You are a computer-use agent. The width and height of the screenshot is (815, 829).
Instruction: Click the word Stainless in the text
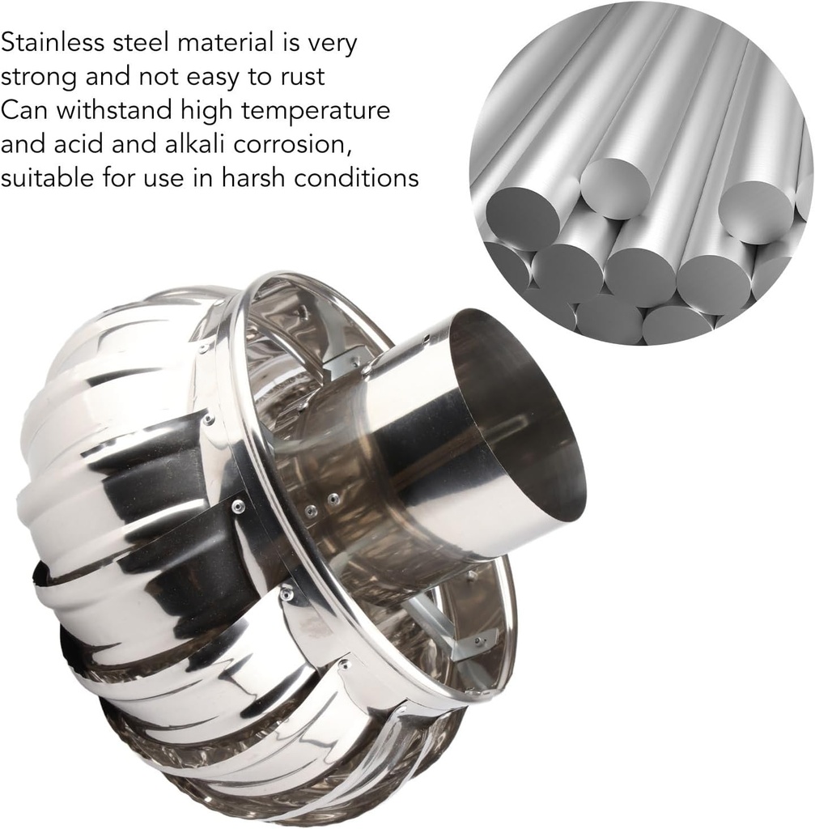point(53,42)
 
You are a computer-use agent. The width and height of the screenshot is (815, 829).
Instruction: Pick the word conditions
point(357,177)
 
